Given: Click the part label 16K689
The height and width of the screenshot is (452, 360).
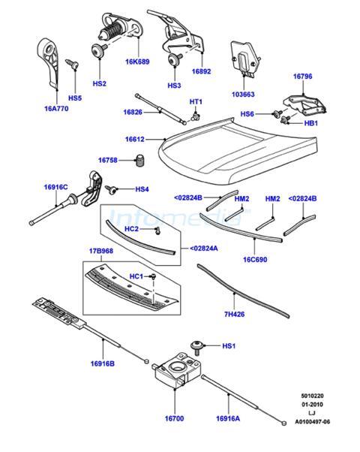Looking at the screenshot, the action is (x=137, y=62).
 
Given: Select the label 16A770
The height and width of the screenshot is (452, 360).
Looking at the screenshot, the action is (x=56, y=109).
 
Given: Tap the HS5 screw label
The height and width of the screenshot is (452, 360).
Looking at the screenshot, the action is (x=75, y=98).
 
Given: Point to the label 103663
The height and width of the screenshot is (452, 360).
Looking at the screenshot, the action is (x=243, y=95).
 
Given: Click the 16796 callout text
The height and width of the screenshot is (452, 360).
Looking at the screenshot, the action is (x=303, y=77).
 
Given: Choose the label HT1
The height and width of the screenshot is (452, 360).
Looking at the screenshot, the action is (x=196, y=102).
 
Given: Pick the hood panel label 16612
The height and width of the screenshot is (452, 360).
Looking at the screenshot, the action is (x=135, y=139).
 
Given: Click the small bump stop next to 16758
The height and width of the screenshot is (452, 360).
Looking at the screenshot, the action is (x=140, y=160).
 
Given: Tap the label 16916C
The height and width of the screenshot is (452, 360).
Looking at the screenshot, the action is (x=55, y=187).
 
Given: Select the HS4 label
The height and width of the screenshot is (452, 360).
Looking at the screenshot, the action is (x=142, y=189).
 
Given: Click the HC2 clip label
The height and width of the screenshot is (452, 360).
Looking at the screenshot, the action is (x=131, y=229).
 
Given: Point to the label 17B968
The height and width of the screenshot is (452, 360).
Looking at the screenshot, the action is (x=101, y=251).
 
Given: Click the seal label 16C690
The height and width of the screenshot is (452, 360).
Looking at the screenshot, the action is (x=255, y=260).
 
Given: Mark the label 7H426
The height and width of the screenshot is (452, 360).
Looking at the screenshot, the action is (x=235, y=314).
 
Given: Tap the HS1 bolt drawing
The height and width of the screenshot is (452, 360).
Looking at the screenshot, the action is (x=197, y=347).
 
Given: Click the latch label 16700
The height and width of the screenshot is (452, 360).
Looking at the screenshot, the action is (x=175, y=418).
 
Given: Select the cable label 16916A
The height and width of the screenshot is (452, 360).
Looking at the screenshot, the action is (x=228, y=418).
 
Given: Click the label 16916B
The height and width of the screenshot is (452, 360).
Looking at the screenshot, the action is (x=103, y=364).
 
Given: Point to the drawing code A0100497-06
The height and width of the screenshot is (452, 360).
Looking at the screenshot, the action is (x=312, y=422).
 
